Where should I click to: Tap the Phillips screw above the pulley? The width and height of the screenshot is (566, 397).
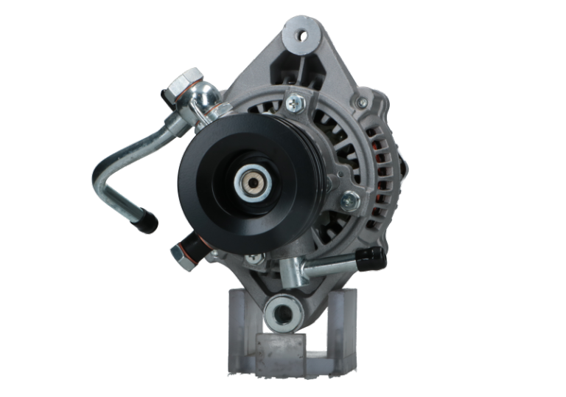pos(294,105)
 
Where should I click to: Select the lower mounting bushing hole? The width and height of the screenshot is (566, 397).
pos(281,313)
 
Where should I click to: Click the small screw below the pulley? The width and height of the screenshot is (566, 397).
pos(254,258)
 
